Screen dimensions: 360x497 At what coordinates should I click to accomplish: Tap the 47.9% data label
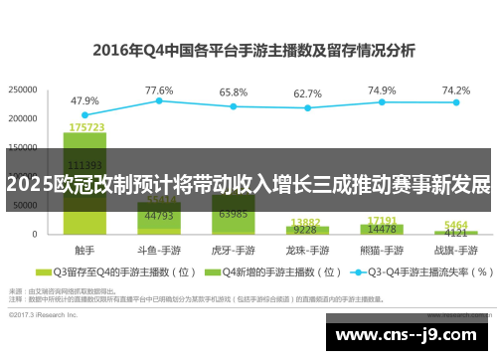tap(84, 100)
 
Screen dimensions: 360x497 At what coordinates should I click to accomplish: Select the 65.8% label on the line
tap(234, 91)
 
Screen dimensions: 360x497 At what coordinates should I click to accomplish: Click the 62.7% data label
tap(308, 92)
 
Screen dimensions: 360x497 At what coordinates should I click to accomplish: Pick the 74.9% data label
tap(382, 90)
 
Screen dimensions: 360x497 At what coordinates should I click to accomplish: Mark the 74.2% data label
tap(456, 90)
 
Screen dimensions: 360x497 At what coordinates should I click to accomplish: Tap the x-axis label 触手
tap(84, 250)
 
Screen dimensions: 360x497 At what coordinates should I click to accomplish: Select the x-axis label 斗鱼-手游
tap(159, 250)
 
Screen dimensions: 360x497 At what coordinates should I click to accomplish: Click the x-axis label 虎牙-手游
tap(234, 250)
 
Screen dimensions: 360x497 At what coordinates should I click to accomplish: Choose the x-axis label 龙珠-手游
tap(308, 250)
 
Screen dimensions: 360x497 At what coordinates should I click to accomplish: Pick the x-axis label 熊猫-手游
tap(382, 250)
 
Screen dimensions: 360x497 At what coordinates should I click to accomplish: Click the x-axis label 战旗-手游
tap(456, 250)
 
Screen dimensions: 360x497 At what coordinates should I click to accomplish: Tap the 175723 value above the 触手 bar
tap(85, 127)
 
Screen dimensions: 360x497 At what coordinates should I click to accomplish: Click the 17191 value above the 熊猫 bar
tap(382, 220)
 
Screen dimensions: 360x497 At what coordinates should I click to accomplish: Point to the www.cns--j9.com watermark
tap(407, 336)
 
